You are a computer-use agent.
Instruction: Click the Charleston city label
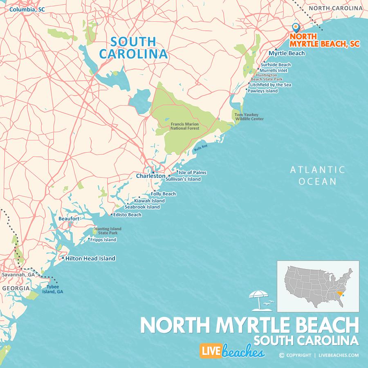150,176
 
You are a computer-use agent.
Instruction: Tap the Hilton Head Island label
90,258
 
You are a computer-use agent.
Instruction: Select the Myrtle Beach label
287,53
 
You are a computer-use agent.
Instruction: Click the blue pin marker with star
296,27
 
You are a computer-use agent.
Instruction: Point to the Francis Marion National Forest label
185,126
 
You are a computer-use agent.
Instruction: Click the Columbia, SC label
27,9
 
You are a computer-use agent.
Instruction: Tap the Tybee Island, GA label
54,289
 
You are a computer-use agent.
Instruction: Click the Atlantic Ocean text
317,175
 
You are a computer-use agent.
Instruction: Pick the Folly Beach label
163,194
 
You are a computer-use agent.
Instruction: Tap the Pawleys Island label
263,91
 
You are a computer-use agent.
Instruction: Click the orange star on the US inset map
343,295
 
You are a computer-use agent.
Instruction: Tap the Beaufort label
69,219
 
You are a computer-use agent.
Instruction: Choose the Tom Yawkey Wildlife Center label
249,117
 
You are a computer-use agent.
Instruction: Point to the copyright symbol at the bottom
281,355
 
